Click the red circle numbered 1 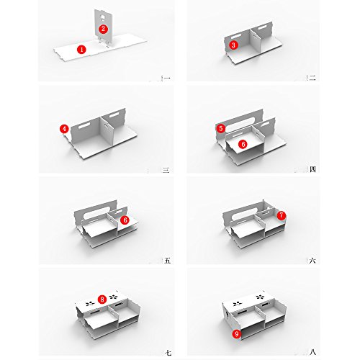81,50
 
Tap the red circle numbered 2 103,29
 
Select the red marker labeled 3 233,45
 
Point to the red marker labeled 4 64,129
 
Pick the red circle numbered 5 221,128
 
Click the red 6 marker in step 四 243,144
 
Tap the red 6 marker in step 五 125,220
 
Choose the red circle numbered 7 282,215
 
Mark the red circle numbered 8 102,300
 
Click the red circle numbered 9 237,334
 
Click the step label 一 167,78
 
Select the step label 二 312,78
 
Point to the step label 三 166,170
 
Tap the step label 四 312,169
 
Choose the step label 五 168,261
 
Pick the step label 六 312,261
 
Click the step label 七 168,353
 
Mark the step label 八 312,352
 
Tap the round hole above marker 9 227,315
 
